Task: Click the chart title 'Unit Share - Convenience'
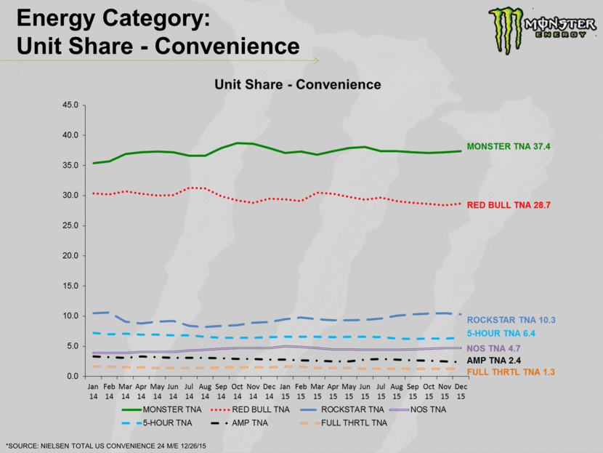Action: pos(297,85)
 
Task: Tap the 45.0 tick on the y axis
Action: pos(70,105)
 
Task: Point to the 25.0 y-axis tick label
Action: pos(70,225)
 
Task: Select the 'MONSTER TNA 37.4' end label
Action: pos(509,146)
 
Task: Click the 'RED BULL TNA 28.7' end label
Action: pos(509,206)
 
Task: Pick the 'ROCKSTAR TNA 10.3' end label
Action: pos(511,320)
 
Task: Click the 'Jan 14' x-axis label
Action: pos(94,391)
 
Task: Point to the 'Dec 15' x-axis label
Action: pos(461,391)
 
